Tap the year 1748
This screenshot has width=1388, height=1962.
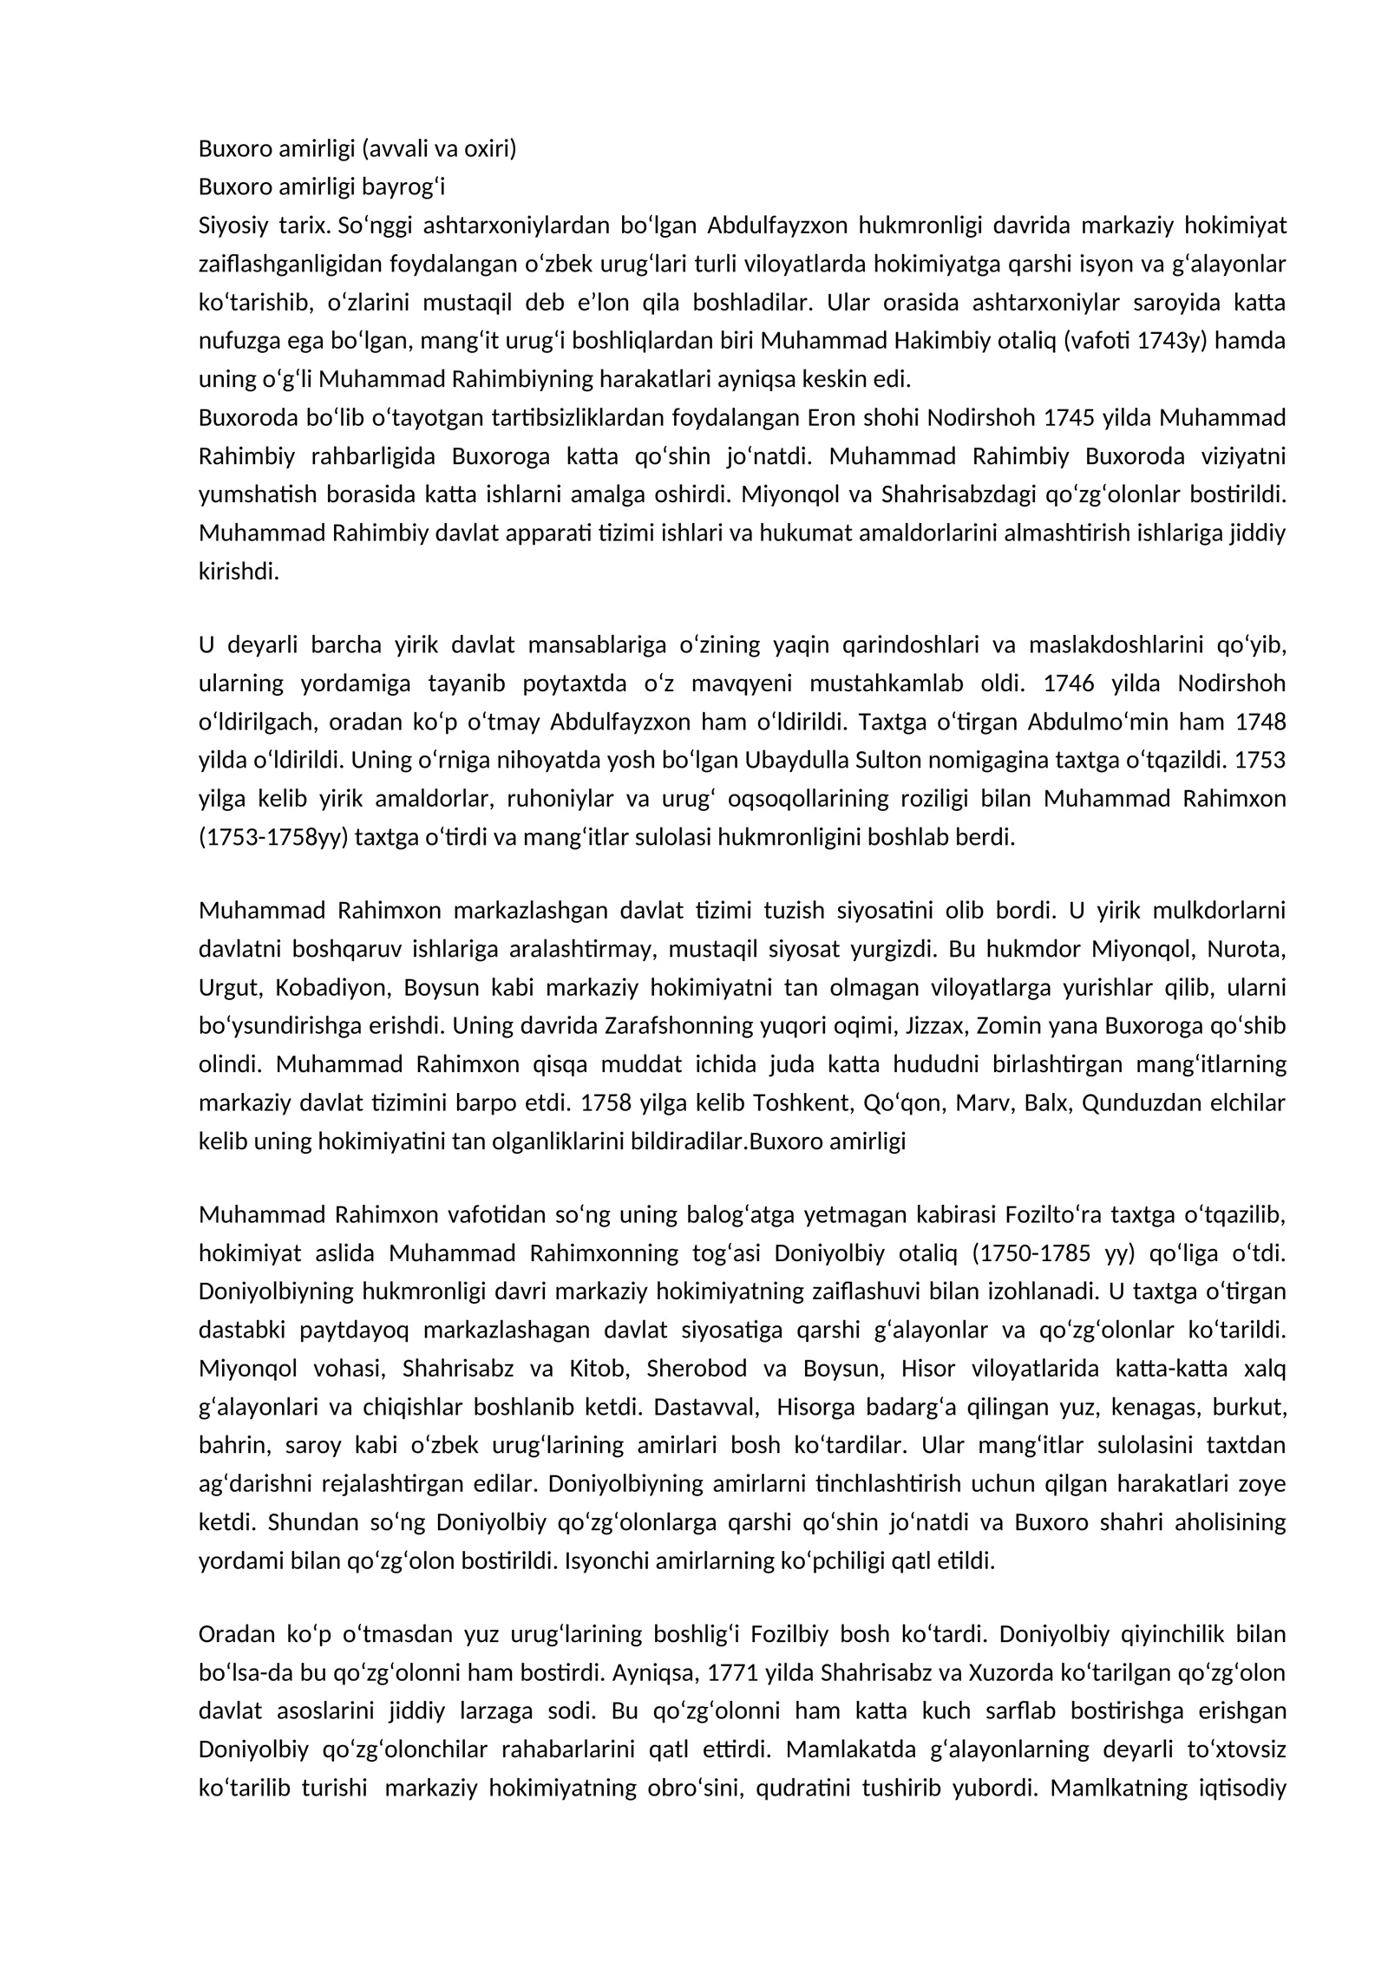click(1260, 722)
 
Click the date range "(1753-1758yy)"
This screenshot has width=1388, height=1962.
click(273, 838)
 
